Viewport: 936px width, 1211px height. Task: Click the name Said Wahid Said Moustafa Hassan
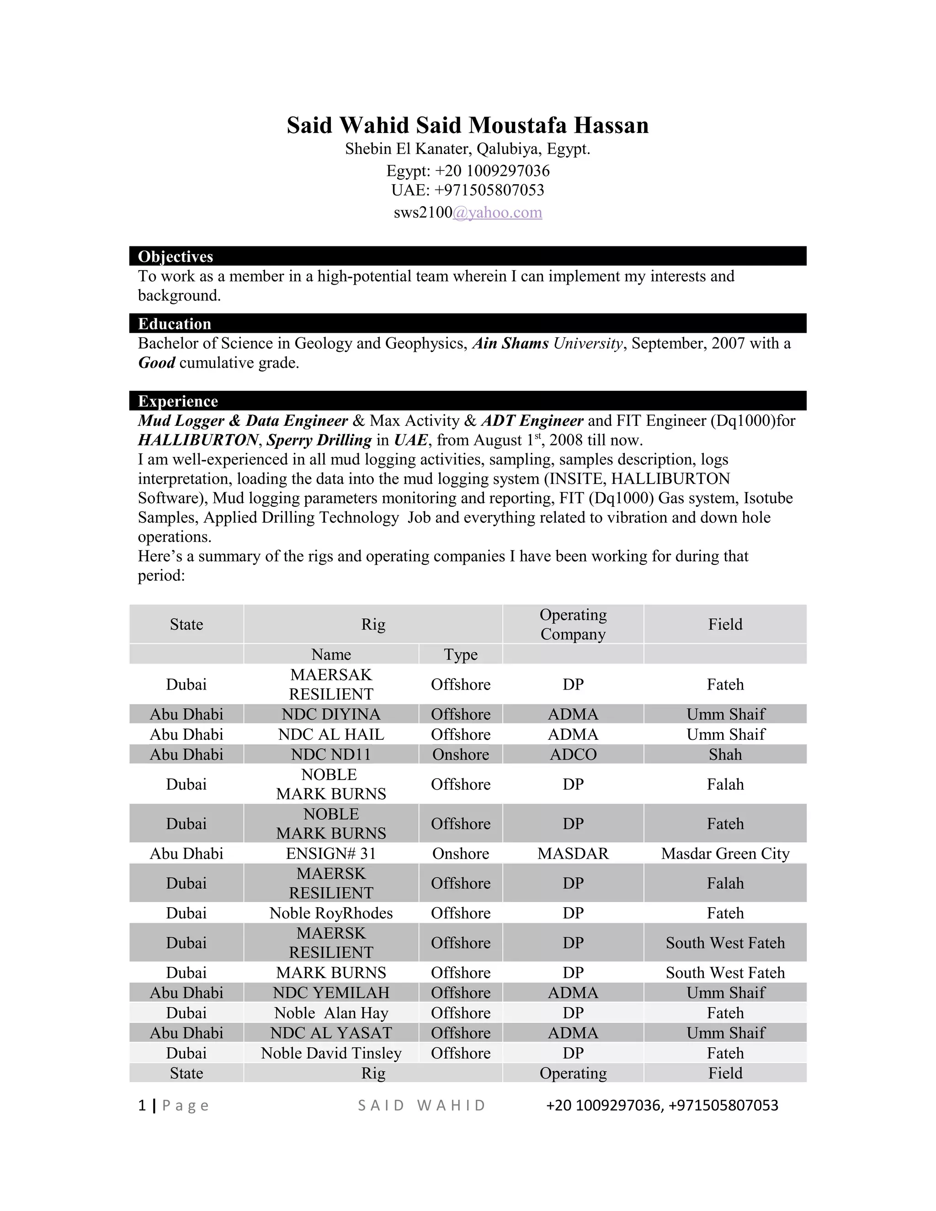click(x=468, y=125)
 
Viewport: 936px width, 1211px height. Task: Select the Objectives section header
click(x=175, y=257)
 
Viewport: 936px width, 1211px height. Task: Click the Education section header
click(x=174, y=324)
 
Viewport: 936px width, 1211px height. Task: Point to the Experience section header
click(x=177, y=401)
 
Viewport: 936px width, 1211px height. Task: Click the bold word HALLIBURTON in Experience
click(x=198, y=440)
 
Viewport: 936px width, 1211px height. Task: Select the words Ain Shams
click(x=510, y=344)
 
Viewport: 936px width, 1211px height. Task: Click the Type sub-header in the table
click(x=460, y=654)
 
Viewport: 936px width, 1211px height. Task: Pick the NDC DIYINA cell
click(x=331, y=714)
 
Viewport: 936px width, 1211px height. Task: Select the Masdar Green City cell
click(x=725, y=853)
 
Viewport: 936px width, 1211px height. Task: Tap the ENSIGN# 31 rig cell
click(x=331, y=853)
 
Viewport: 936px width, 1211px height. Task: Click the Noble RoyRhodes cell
click(x=331, y=913)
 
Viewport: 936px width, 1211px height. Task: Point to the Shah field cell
click(x=725, y=754)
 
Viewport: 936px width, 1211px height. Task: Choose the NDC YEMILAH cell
click(x=331, y=993)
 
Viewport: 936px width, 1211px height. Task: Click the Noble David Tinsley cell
click(x=331, y=1053)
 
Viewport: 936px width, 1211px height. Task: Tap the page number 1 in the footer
click(x=142, y=1105)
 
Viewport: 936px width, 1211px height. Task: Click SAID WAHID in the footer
click(x=421, y=1105)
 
